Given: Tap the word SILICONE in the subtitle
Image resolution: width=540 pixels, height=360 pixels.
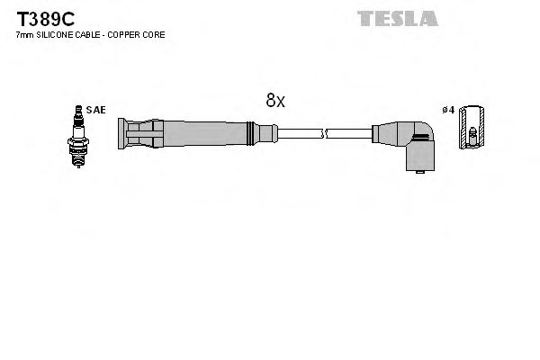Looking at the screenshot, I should tap(58, 34).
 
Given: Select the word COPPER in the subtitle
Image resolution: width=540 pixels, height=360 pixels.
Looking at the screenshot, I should tap(127, 34).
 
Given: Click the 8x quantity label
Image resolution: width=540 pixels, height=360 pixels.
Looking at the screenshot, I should tap(274, 102).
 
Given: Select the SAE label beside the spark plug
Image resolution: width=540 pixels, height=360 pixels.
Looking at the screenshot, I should tap(96, 110).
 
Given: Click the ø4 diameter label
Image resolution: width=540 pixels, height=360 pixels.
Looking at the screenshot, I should tap(448, 110).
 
